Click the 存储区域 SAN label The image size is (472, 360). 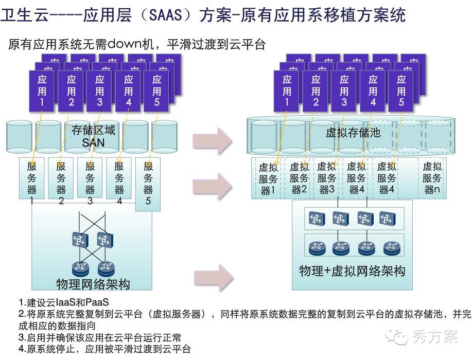coord(93,136)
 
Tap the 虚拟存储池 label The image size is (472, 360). coord(353,133)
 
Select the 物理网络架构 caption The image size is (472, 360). coord(93,284)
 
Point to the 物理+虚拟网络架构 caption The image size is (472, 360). coord(352,271)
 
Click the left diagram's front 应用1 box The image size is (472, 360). coord(42,91)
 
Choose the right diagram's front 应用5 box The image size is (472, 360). coord(401,91)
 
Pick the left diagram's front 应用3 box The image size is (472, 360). coord(100,91)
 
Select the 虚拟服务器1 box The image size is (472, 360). coord(268,178)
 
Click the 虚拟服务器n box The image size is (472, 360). coord(432,178)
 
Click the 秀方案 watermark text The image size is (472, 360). coord(435,337)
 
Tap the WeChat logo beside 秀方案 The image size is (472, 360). coord(400,337)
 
